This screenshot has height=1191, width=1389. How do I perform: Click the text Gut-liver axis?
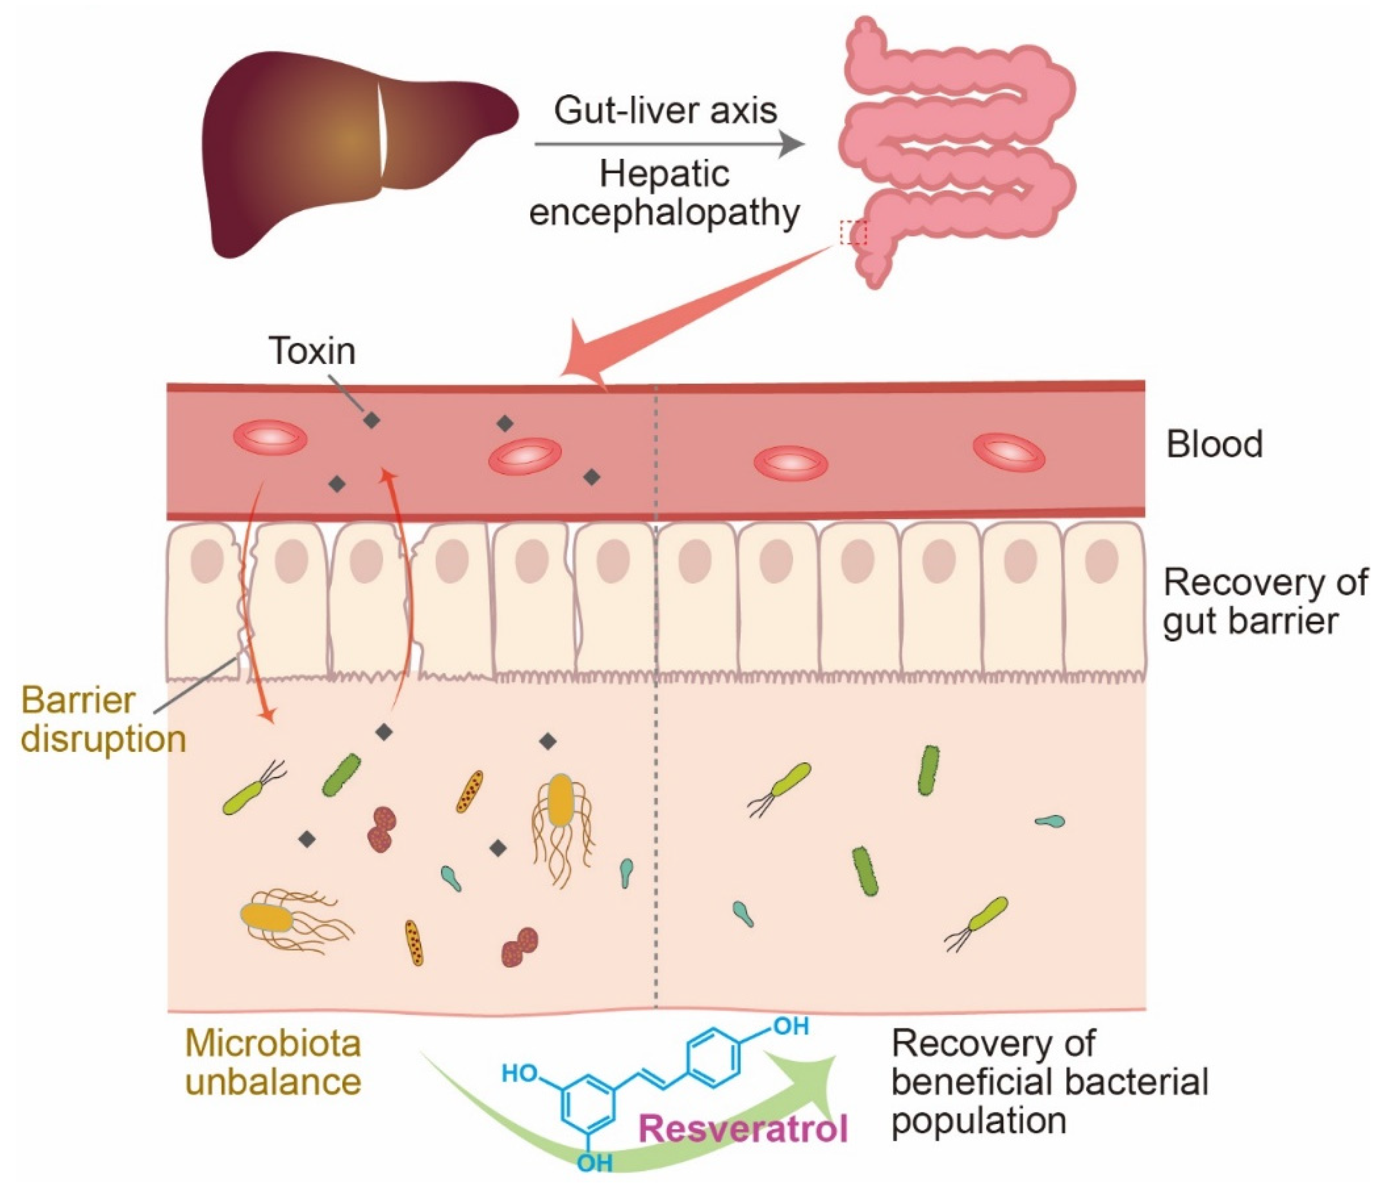665,111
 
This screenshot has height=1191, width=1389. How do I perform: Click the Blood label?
1215,445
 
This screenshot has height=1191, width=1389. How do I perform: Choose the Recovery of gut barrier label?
1264,602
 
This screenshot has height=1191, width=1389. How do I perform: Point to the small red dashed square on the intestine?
854,233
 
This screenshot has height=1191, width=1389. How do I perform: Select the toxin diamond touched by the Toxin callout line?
371,420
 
